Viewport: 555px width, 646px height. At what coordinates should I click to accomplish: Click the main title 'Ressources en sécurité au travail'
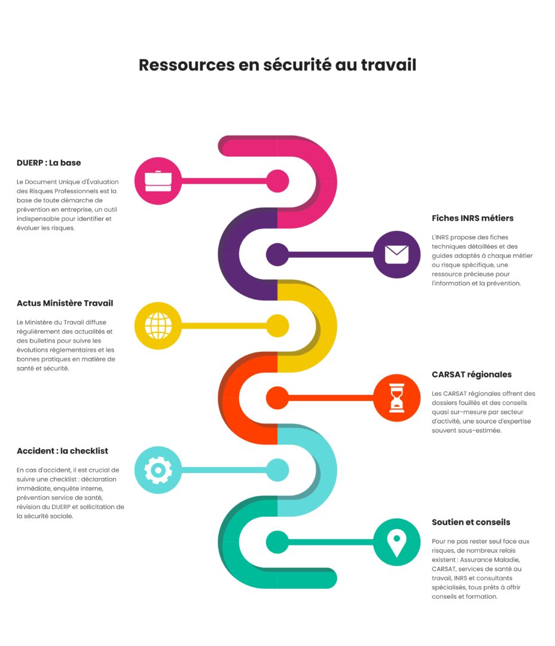click(277, 65)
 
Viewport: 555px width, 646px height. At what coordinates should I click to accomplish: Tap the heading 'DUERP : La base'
click(48, 163)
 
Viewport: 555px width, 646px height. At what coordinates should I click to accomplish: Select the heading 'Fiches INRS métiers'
click(472, 218)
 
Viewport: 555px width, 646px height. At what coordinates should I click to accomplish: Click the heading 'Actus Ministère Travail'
click(65, 303)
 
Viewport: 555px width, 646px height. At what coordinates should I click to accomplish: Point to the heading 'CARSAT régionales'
click(472, 374)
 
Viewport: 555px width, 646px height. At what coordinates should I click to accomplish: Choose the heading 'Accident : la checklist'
click(62, 451)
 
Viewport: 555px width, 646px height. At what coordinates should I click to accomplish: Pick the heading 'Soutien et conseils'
click(471, 522)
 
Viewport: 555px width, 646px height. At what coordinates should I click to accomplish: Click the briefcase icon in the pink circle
click(158, 181)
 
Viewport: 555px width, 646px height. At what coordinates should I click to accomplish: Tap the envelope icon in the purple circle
click(397, 254)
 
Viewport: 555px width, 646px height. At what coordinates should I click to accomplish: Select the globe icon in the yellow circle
click(158, 325)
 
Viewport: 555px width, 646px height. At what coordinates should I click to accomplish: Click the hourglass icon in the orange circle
click(397, 398)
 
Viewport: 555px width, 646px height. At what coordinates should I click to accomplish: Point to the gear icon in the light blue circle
click(158, 470)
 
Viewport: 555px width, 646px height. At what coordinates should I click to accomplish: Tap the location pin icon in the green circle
click(397, 543)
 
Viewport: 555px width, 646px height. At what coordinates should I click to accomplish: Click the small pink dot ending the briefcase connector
click(277, 181)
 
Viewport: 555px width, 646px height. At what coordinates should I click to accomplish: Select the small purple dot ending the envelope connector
click(277, 254)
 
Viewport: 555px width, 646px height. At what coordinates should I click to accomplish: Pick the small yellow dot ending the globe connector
click(277, 325)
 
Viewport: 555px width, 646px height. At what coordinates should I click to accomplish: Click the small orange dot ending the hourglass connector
click(277, 398)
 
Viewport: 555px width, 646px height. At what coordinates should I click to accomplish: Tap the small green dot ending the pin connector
click(277, 542)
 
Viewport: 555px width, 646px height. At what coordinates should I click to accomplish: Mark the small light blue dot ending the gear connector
click(277, 470)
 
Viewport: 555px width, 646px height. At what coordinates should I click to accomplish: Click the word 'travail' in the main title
click(389, 65)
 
